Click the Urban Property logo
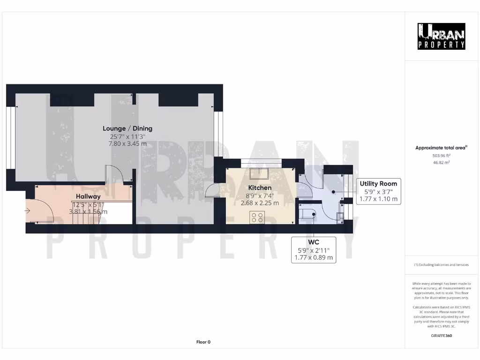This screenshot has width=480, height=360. click(x=442, y=37)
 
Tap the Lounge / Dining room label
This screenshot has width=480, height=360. click(x=127, y=128)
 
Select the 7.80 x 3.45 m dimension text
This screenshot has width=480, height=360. click(x=127, y=144)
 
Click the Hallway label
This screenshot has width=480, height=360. click(x=88, y=196)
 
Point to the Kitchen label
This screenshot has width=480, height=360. click(x=260, y=187)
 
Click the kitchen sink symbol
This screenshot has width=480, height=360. click(x=259, y=173)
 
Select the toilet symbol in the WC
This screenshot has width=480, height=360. click(x=308, y=215)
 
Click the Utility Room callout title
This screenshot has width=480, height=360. click(x=378, y=184)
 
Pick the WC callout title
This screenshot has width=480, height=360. click(x=314, y=242)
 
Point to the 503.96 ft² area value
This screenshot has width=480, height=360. click(x=441, y=155)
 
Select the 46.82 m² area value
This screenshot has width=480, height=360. click(x=441, y=162)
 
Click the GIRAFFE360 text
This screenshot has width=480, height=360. click(x=441, y=336)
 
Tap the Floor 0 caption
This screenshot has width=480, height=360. click(x=203, y=342)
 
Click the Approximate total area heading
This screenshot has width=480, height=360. click(x=441, y=148)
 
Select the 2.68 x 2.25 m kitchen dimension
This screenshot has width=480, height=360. click(x=260, y=203)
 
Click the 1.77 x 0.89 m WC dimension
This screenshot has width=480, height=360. click(x=314, y=257)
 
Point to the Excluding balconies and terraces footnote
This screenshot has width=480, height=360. click(x=441, y=265)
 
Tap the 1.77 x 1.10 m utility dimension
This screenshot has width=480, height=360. click(x=378, y=199)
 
